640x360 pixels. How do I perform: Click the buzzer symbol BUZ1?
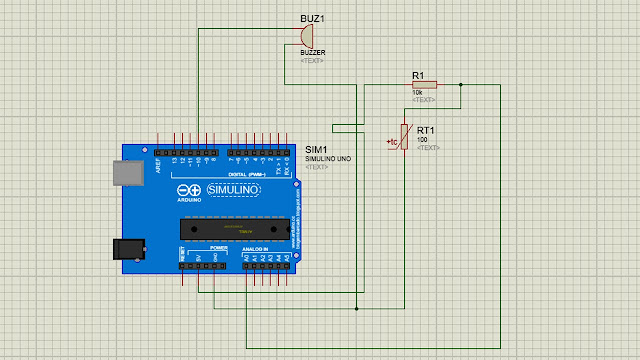click(x=304, y=36)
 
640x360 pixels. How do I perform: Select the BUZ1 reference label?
click(x=314, y=19)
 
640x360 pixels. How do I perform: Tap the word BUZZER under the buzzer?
click(x=313, y=52)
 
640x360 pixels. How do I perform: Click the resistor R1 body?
click(x=424, y=85)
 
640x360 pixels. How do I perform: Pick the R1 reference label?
click(x=418, y=74)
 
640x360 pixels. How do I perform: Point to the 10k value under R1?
click(x=418, y=93)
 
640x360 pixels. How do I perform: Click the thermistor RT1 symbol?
click(x=404, y=137)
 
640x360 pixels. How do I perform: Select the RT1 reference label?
click(x=425, y=130)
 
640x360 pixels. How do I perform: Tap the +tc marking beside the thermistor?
click(x=393, y=143)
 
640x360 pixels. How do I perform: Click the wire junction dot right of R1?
click(x=460, y=85)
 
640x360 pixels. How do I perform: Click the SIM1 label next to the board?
click(x=315, y=149)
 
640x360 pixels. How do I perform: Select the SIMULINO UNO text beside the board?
click(x=327, y=158)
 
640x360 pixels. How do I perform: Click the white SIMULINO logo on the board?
click(x=233, y=190)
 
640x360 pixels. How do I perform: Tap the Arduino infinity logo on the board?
click(x=189, y=190)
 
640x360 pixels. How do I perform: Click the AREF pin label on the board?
click(x=157, y=162)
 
